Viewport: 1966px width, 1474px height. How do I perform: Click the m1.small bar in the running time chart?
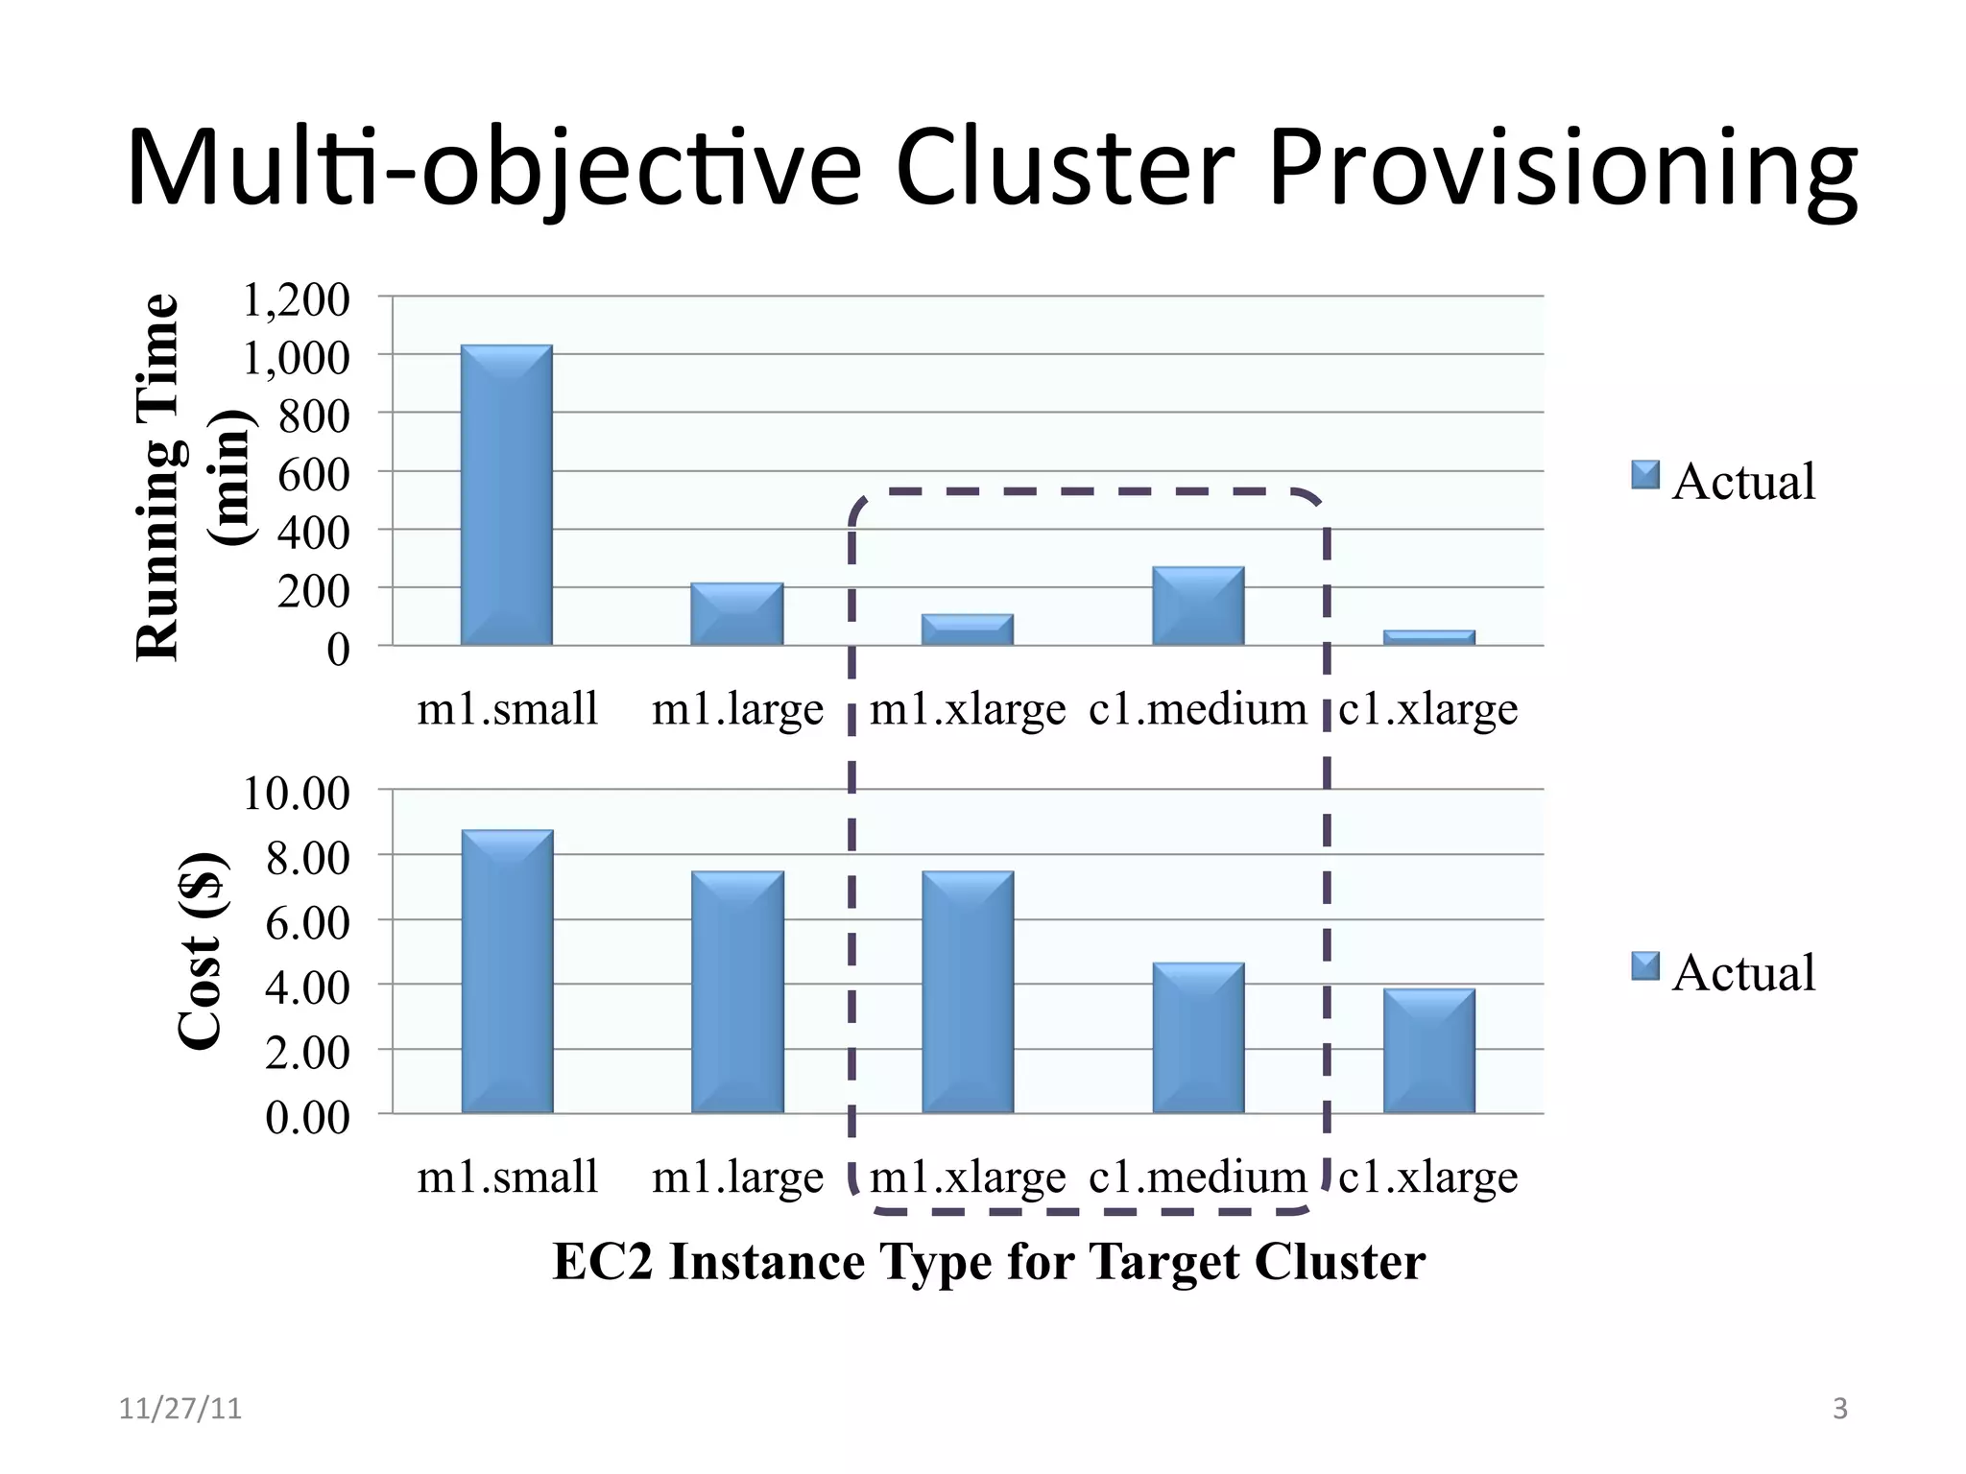pyautogui.click(x=506, y=495)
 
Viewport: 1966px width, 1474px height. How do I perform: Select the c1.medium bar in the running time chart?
pyautogui.click(x=1198, y=606)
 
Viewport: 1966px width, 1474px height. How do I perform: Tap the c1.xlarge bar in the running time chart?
pyautogui.click(x=1428, y=637)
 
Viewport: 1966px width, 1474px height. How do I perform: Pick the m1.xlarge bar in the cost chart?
pyautogui.click(x=968, y=992)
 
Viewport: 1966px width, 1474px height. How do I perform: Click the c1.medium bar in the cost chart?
pyautogui.click(x=1198, y=1038)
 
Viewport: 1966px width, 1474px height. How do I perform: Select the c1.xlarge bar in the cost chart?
pyautogui.click(x=1428, y=1052)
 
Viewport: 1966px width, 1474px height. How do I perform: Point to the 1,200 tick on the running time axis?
pyautogui.click(x=296, y=300)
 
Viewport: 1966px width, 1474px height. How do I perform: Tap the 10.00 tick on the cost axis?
pyautogui.click(x=296, y=794)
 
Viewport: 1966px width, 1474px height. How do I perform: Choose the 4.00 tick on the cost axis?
pyautogui.click(x=307, y=988)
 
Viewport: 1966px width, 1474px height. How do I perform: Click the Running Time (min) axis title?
pyautogui.click(x=192, y=477)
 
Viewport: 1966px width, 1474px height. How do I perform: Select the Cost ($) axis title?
pyautogui.click(x=203, y=951)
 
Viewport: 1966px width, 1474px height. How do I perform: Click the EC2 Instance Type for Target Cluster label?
pyautogui.click(x=988, y=1261)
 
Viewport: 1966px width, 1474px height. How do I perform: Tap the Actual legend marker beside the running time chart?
pyautogui.click(x=1645, y=475)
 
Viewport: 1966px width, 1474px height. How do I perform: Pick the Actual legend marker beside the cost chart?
pyautogui.click(x=1645, y=966)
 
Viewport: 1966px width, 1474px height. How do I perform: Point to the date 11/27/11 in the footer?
pyautogui.click(x=180, y=1409)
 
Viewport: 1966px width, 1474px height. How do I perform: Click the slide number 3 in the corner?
pyautogui.click(x=1839, y=1409)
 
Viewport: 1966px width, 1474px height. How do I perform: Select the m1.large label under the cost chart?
pyautogui.click(x=737, y=1177)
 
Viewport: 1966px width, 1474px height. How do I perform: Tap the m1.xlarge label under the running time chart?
pyautogui.click(x=968, y=710)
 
